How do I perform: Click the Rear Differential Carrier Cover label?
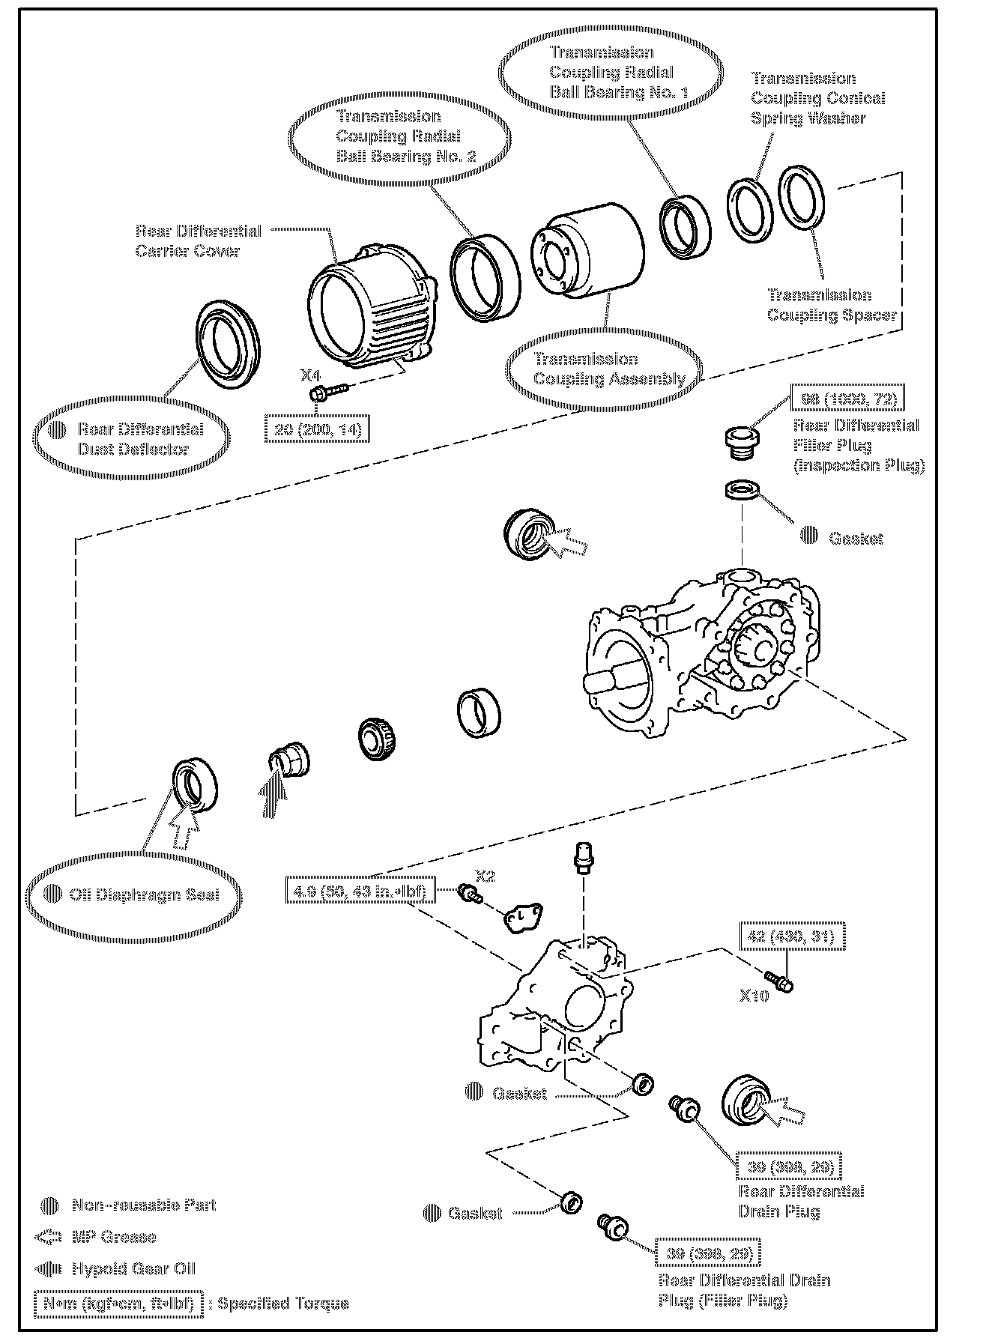[x=198, y=240]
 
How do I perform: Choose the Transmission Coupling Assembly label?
[x=608, y=369]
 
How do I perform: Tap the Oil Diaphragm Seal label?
[x=144, y=895]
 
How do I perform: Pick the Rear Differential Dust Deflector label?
[x=140, y=439]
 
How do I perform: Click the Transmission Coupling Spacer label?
[x=831, y=305]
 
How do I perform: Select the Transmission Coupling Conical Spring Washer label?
[x=817, y=98]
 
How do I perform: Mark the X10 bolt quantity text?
[x=754, y=996]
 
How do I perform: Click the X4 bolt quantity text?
[x=310, y=373]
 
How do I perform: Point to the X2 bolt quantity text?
[x=485, y=876]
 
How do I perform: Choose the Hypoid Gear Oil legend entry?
[x=133, y=1268]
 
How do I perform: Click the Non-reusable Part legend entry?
[x=143, y=1205]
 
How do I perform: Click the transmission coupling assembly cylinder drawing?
[x=588, y=251]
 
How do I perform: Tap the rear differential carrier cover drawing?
[x=372, y=307]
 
